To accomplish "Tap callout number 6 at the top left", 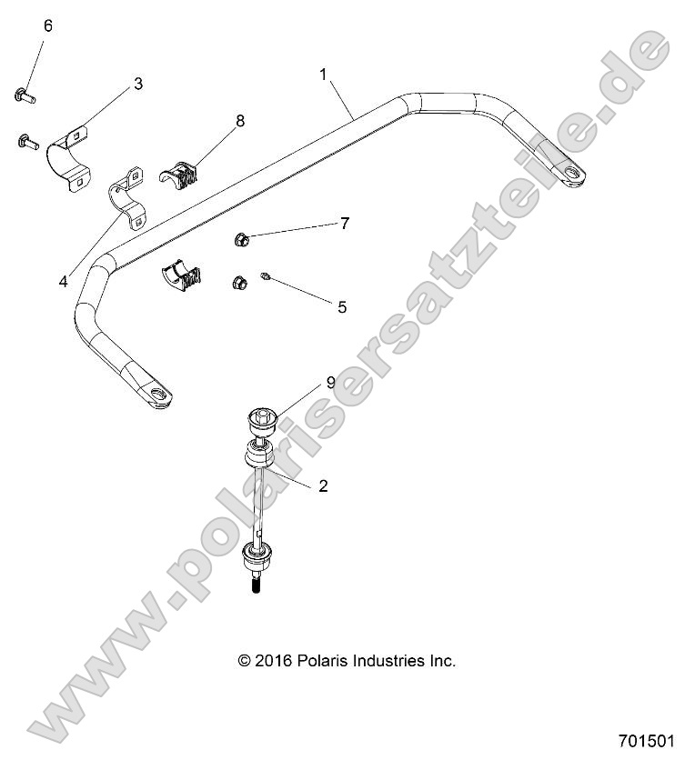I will click(x=47, y=25).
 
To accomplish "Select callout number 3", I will click(x=137, y=84).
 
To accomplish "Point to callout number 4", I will click(x=63, y=282).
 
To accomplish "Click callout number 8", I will click(x=240, y=120).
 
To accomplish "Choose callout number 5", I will click(x=342, y=306).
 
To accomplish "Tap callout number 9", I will click(x=280, y=408).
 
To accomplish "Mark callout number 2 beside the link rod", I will click(x=322, y=485).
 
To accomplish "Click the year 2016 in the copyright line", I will click(x=270, y=660).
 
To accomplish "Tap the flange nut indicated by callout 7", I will click(x=240, y=240).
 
